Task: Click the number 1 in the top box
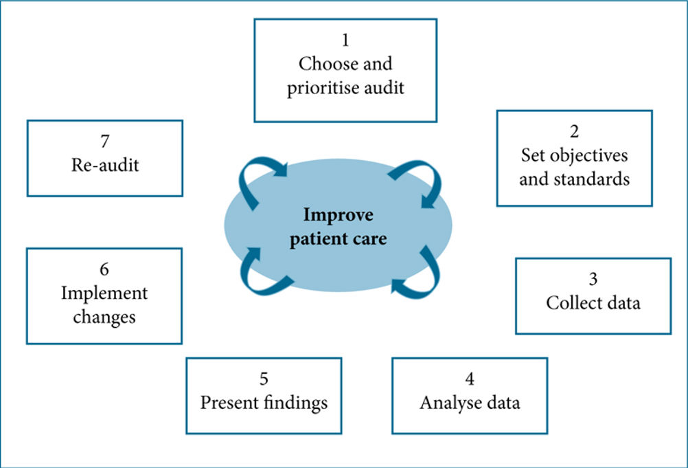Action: click(x=346, y=40)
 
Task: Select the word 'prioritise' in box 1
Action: click(x=320, y=88)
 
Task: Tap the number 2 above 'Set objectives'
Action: click(x=574, y=131)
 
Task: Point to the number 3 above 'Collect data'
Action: click(x=593, y=279)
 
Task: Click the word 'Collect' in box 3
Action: click(x=569, y=302)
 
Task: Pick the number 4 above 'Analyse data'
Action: click(x=470, y=379)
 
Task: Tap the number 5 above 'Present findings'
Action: click(x=264, y=379)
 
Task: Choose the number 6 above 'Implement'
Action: click(x=104, y=269)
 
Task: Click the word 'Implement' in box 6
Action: click(x=104, y=293)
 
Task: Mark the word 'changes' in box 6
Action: click(x=104, y=317)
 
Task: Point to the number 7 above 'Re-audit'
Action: click(x=105, y=141)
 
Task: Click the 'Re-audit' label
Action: click(x=105, y=165)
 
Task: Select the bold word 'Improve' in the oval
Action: click(x=339, y=215)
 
